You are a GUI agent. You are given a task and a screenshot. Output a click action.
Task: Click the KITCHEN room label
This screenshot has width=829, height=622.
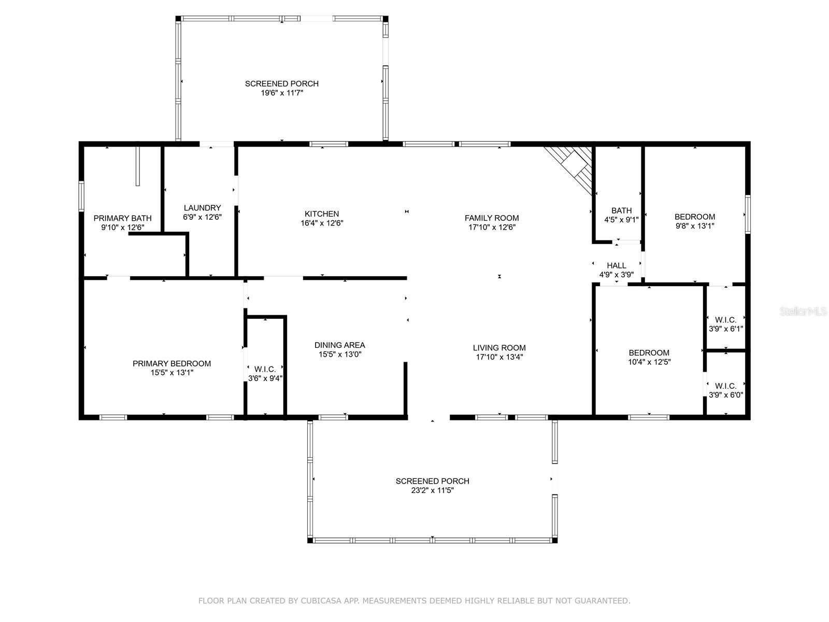pos(321,214)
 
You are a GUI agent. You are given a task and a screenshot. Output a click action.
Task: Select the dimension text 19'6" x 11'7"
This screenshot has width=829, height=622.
pos(281,93)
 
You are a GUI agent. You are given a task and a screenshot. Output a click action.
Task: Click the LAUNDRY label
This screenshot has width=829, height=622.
pos(202,208)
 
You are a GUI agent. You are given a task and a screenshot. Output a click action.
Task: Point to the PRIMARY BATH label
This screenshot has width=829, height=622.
pos(122,218)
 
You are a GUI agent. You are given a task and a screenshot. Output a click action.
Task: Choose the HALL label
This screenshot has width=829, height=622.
pos(616,265)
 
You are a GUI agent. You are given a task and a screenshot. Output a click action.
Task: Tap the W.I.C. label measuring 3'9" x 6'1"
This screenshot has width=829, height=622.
pos(725,320)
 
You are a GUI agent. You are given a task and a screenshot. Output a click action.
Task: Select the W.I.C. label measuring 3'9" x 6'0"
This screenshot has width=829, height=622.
pos(725,386)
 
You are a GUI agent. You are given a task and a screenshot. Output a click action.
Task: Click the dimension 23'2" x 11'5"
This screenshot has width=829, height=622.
pos(432,490)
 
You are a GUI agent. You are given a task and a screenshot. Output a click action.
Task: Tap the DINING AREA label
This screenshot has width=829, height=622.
pos(339,345)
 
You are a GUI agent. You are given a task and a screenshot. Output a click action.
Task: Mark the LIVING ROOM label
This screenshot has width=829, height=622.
pos(499,348)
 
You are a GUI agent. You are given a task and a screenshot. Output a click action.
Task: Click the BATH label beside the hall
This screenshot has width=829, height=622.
pos(621,210)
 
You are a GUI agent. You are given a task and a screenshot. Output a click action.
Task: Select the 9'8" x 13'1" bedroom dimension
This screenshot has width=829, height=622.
pos(694,226)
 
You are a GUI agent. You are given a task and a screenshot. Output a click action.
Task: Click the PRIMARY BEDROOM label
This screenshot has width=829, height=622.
pos(171,363)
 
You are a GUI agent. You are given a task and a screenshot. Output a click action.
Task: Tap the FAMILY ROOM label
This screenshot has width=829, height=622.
pos(491,218)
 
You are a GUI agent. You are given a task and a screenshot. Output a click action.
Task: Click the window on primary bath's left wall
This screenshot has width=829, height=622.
pos(81,195)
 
